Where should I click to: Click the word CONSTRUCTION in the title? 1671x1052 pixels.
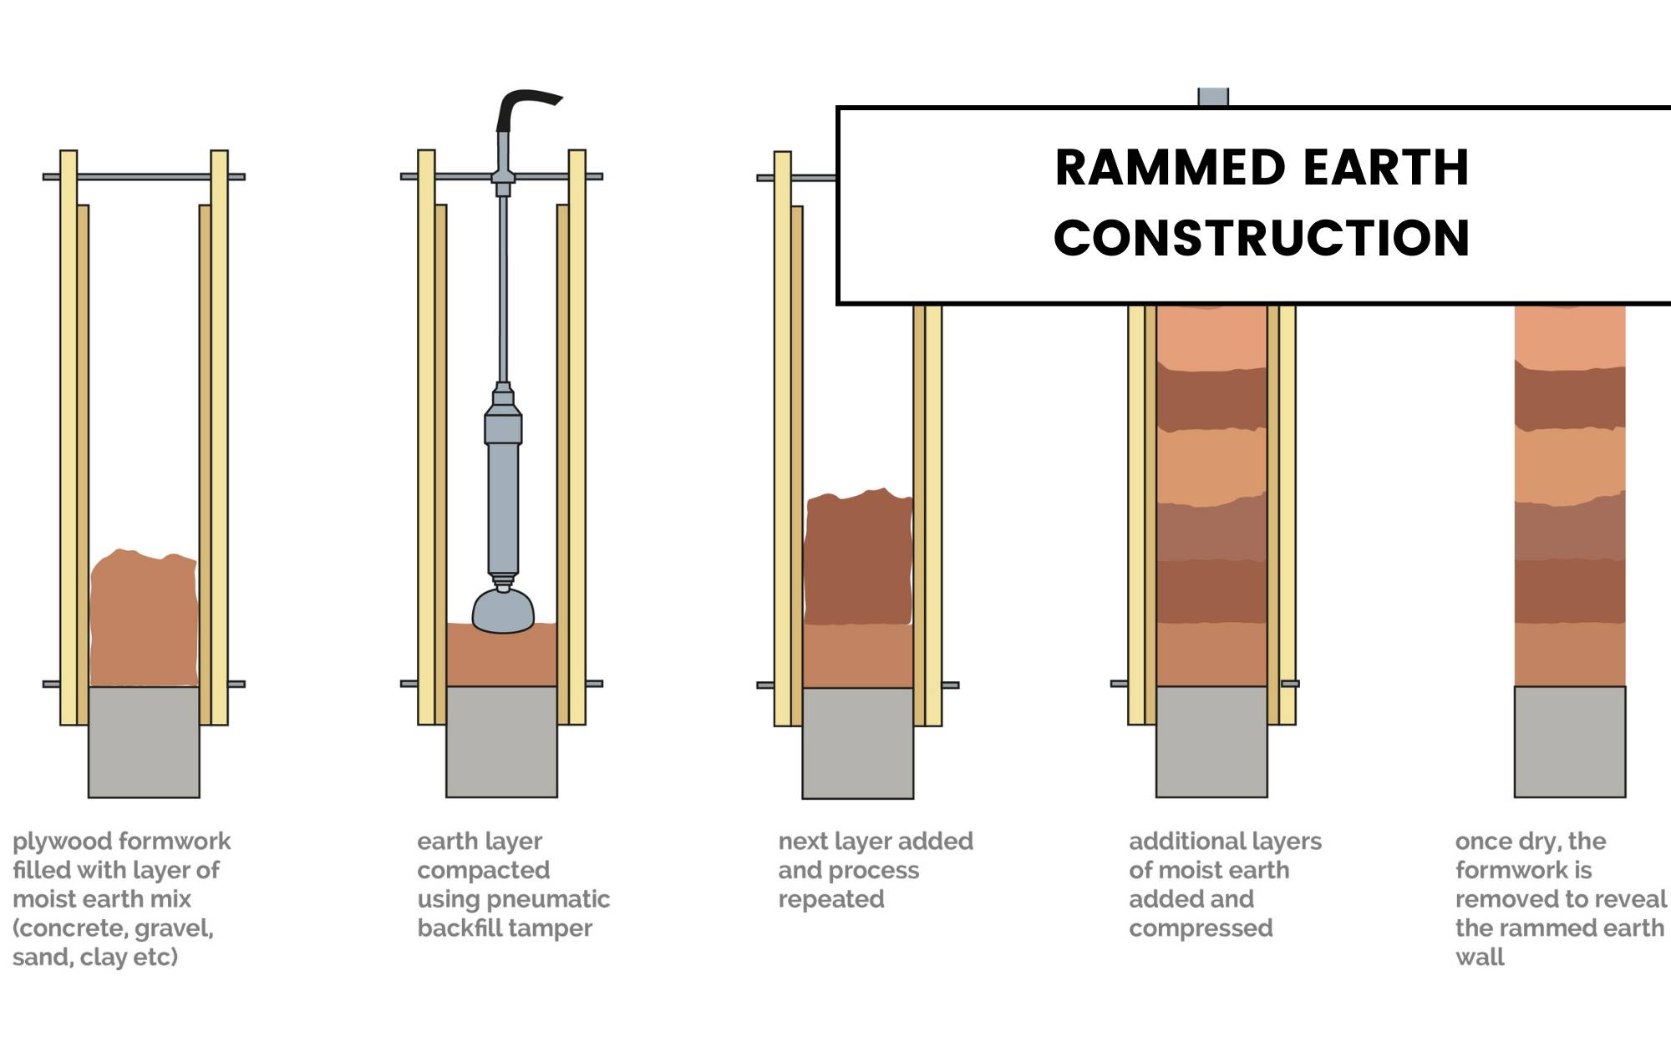(x=1262, y=238)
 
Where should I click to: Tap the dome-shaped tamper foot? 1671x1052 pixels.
(x=503, y=611)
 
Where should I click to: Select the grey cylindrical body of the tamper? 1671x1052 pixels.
(x=503, y=493)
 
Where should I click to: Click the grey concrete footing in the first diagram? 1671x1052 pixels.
(x=144, y=741)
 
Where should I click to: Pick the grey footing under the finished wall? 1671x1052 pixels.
(x=1570, y=741)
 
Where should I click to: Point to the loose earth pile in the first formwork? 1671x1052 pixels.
(x=144, y=618)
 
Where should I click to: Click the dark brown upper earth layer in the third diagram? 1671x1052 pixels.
(x=857, y=559)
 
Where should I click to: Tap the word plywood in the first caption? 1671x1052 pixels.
(x=54, y=842)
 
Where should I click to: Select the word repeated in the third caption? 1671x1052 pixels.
(x=830, y=899)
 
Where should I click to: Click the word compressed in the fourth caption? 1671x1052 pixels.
(x=1201, y=928)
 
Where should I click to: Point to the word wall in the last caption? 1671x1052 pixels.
(x=1480, y=957)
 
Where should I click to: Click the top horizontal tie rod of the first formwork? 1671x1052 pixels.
(x=144, y=177)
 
